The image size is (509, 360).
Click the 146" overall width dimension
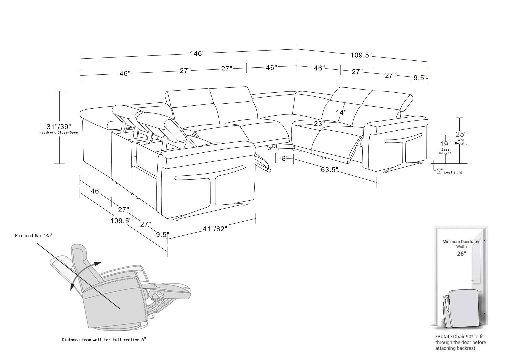(197, 54)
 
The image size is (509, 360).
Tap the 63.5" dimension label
(329, 170)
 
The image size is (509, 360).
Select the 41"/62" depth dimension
(215, 229)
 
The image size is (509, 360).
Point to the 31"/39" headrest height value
(59, 127)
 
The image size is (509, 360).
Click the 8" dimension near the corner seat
(285, 158)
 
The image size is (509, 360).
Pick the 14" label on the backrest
(341, 112)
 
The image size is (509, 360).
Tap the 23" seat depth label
(319, 124)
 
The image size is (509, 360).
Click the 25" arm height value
(461, 134)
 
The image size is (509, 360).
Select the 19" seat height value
(445, 144)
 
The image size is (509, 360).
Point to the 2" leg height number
(440, 171)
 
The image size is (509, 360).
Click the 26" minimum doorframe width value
(461, 254)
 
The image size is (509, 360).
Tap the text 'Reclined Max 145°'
(34, 236)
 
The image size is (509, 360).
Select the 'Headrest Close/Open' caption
(59, 133)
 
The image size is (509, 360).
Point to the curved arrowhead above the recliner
(98, 264)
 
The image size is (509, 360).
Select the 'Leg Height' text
(453, 173)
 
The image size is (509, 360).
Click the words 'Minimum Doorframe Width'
(461, 244)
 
